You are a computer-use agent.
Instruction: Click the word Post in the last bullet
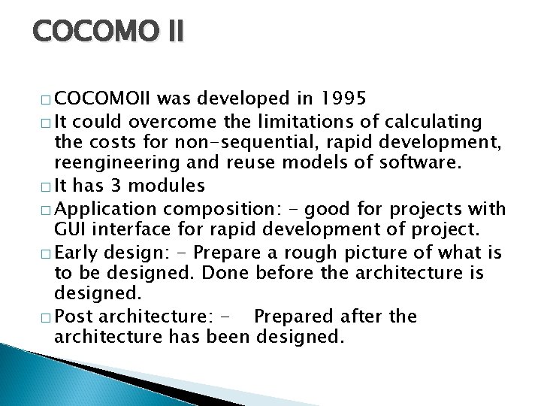coord(74,317)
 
